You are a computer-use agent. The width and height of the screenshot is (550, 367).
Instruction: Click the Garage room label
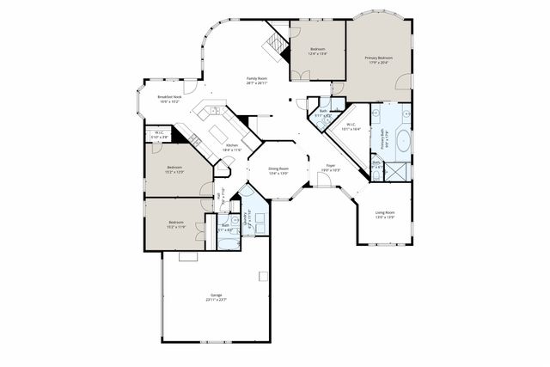pyautogui.click(x=215, y=295)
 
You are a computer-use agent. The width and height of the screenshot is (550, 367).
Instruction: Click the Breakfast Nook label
pyautogui.click(x=168, y=97)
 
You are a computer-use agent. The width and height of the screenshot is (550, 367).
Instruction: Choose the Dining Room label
pyautogui.click(x=278, y=168)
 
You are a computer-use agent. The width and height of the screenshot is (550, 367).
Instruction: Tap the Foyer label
pyautogui.click(x=330, y=165)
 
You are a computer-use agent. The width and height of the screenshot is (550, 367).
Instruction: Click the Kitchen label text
pyautogui.click(x=232, y=145)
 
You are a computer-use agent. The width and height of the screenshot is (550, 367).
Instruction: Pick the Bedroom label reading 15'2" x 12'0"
pyautogui.click(x=174, y=167)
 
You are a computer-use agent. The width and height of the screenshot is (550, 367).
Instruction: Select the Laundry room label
pyautogui.click(x=247, y=216)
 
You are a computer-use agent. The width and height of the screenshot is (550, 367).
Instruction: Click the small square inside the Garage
pyautogui.click(x=264, y=276)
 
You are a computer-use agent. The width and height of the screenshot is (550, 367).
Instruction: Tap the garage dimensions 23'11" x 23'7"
pyautogui.click(x=215, y=300)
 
